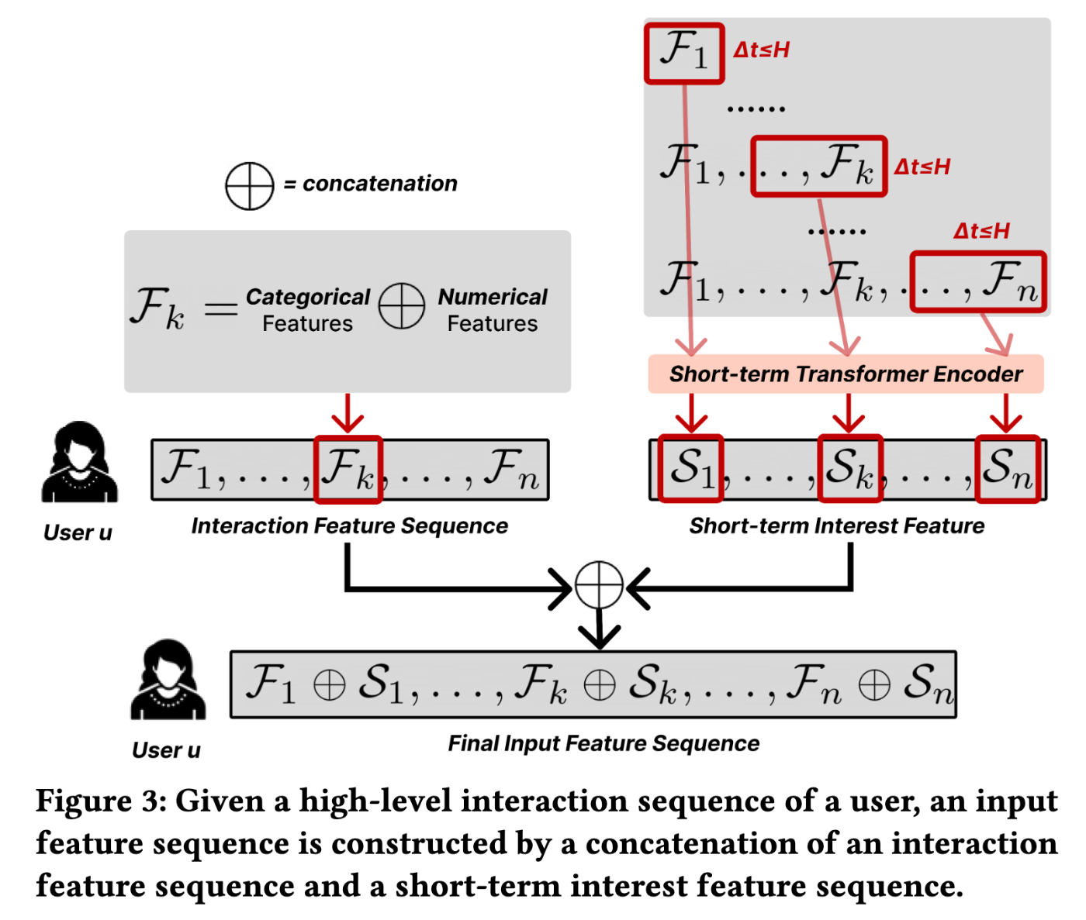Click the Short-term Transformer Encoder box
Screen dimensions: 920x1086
846,374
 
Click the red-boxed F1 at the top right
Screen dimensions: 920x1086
683,53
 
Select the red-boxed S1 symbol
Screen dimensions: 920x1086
690,468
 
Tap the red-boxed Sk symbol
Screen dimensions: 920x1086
850,468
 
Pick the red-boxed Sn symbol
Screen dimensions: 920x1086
1007,468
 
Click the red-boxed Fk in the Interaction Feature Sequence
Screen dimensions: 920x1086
348,468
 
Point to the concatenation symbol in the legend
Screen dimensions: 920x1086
249,186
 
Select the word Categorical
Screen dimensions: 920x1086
308,297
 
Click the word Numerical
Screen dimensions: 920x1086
493,297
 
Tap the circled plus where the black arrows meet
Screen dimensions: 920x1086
599,585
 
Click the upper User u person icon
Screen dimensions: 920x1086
79,463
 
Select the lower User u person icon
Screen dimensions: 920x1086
168,681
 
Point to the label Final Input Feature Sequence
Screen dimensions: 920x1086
604,743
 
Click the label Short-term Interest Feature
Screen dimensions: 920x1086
836,526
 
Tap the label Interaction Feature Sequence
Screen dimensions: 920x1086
349,526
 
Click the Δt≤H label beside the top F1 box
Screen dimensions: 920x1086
761,50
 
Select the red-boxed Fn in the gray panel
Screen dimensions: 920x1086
978,281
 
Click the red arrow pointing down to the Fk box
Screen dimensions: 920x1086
348,413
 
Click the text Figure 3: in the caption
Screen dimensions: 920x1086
101,801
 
